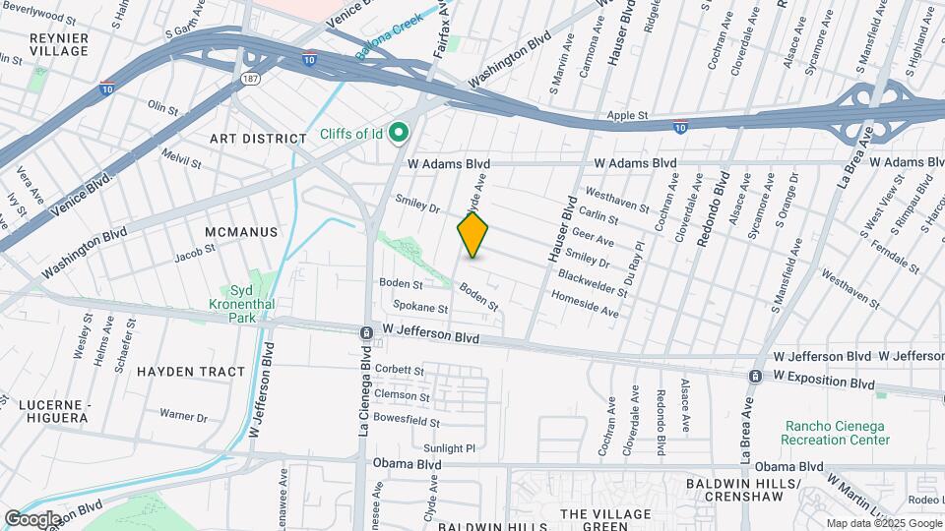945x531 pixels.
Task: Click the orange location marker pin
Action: (472, 234)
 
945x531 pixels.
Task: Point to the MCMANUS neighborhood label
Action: (241, 232)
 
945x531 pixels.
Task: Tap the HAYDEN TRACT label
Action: (190, 372)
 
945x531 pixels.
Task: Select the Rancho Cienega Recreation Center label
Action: (835, 433)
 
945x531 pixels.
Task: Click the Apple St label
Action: (626, 116)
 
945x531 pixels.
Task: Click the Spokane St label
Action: (420, 309)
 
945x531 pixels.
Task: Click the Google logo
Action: (31, 518)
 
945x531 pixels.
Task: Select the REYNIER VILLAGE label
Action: (58, 44)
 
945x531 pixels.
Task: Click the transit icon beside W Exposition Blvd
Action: (755, 377)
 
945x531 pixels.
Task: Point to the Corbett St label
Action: (399, 371)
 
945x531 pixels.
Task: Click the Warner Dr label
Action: (184, 416)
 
